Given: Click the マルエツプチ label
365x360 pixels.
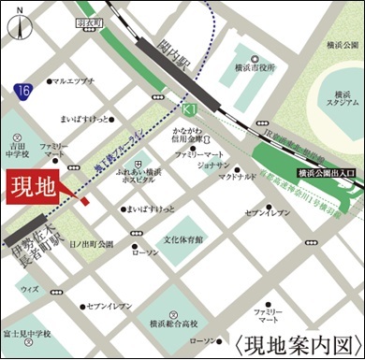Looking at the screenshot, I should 74,81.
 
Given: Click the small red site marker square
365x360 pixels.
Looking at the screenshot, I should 84,200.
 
